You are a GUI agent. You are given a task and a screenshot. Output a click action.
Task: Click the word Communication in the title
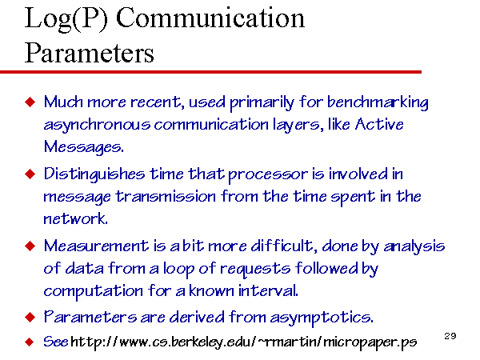pos(210,18)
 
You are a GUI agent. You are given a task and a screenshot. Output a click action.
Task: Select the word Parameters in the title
pos(89,53)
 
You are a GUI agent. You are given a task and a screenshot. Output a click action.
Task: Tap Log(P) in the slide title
pos(66,19)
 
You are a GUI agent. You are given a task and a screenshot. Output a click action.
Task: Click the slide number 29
pos(450,336)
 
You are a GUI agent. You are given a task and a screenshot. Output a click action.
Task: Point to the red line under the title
pos(210,72)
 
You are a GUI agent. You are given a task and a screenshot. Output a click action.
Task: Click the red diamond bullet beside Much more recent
pos(30,102)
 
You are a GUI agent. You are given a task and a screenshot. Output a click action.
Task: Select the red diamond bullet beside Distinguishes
pos(30,174)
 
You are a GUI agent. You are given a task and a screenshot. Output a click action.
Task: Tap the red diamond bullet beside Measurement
pos(30,246)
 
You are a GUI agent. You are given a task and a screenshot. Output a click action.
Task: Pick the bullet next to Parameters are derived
pos(30,317)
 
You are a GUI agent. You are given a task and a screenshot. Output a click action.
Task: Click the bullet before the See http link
pos(30,342)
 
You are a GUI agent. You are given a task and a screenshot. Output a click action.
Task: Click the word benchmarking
pos(378,102)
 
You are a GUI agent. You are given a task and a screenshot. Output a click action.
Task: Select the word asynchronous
pos(97,125)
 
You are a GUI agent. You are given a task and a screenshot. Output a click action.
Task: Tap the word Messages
pos(83,147)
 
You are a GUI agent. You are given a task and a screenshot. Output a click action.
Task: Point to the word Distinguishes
pos(94,174)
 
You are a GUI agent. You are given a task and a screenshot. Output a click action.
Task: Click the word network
pos(75,218)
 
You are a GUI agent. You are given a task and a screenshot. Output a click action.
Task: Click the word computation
pos(93,291)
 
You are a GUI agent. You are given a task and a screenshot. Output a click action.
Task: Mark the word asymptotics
pos(322,318)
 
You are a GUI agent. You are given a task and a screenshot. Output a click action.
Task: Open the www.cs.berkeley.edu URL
pos(244,342)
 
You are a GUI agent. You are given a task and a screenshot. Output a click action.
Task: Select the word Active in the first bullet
pos(379,124)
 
